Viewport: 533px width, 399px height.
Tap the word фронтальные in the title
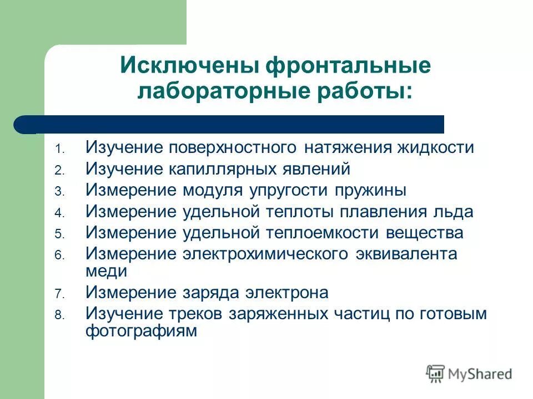pyautogui.click(x=348, y=66)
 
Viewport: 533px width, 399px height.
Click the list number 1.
pyautogui.click(x=59, y=150)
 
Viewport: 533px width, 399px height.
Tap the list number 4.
pyautogui.click(x=59, y=213)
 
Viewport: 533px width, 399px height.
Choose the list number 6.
pyautogui.click(x=59, y=255)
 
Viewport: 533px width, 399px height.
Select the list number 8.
pyautogui.click(x=59, y=315)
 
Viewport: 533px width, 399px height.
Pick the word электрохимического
pyautogui.click(x=266, y=253)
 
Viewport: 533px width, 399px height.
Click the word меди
pyautogui.click(x=107, y=272)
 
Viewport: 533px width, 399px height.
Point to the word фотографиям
pyautogui.click(x=142, y=331)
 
